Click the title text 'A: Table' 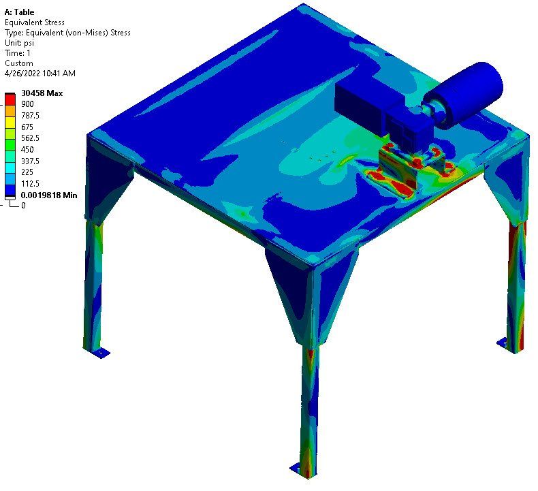point(19,12)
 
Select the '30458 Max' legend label point(42,93)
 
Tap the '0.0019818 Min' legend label point(49,195)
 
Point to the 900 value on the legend point(27,104)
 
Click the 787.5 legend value point(30,115)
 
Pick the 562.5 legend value point(30,138)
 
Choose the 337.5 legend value point(30,161)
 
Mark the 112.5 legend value point(30,184)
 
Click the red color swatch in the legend point(10,99)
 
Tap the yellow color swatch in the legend point(10,122)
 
